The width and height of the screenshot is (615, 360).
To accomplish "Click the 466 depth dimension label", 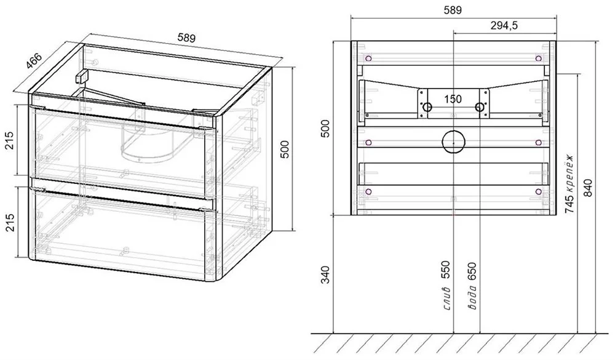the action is tap(34, 60).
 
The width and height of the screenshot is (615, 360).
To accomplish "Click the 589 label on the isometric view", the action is tap(186, 38).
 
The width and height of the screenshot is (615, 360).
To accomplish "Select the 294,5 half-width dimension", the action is tap(504, 25).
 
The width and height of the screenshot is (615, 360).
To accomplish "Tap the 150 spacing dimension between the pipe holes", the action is tap(453, 99).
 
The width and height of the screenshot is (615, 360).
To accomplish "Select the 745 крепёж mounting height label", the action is tap(569, 184).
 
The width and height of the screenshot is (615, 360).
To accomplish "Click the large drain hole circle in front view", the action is tap(453, 142).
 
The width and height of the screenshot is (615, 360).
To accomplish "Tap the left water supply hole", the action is tap(427, 107).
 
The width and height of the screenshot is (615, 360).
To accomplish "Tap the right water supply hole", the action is tap(479, 107).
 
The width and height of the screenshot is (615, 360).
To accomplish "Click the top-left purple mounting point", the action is tap(368, 58).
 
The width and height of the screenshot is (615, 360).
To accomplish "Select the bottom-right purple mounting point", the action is tap(539, 191).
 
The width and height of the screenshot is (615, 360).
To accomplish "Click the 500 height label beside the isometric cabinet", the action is tap(285, 149).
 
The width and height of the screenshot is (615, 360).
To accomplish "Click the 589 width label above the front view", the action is tap(453, 10).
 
